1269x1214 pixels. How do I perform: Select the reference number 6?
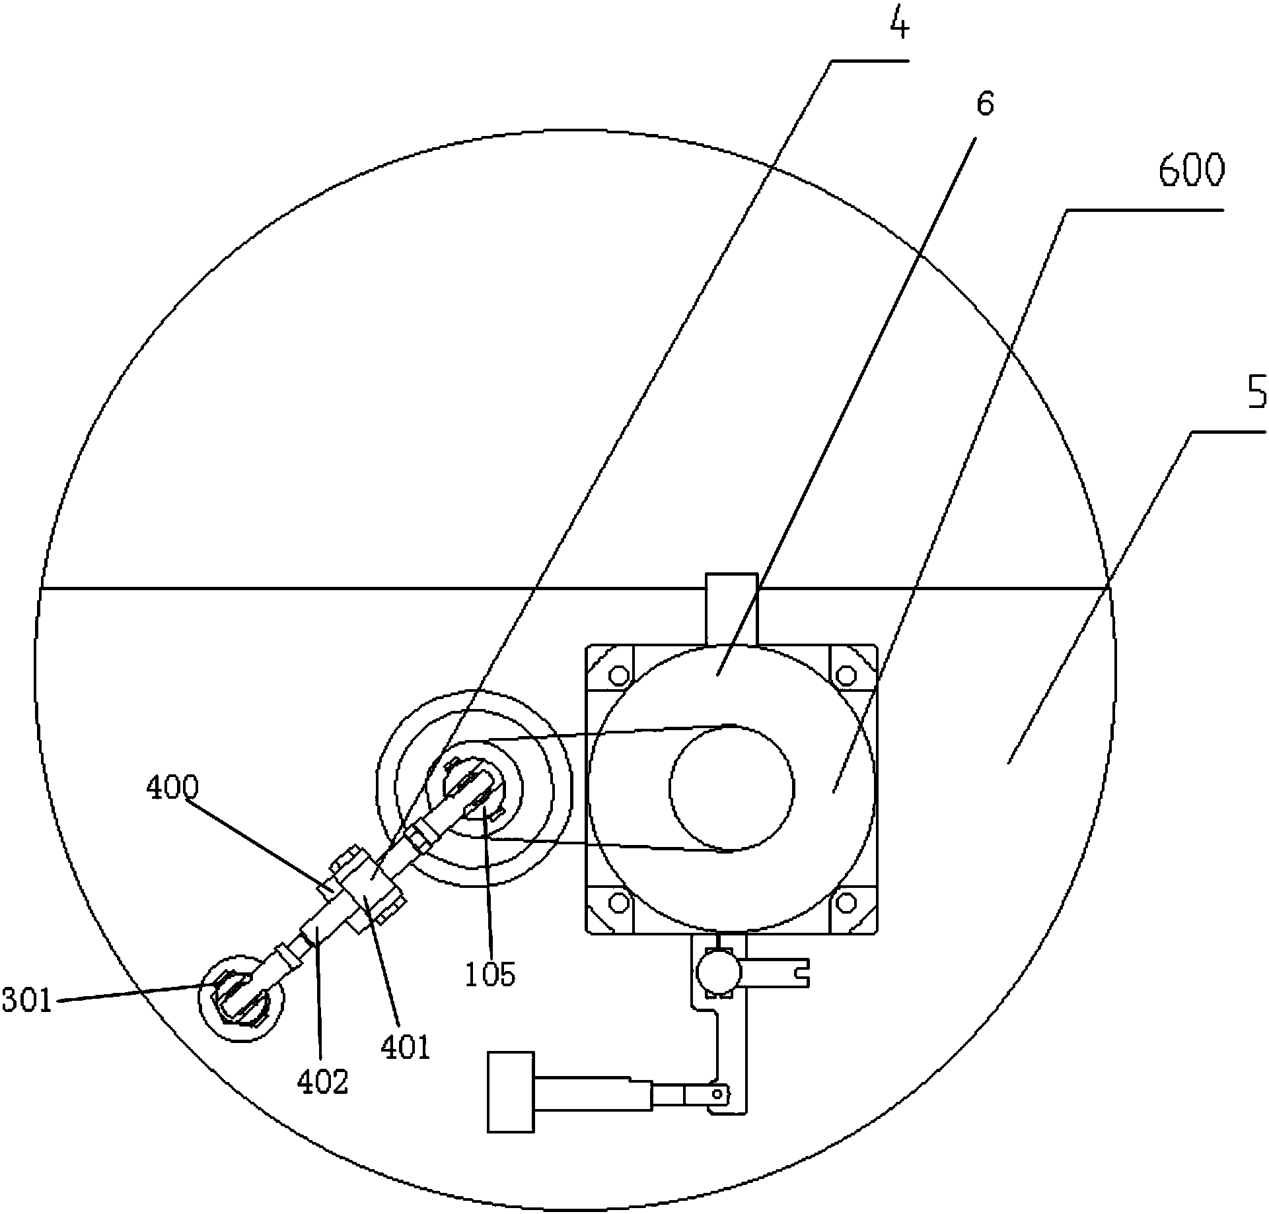pyautogui.click(x=984, y=104)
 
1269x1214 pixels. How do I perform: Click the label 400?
pyautogui.click(x=172, y=788)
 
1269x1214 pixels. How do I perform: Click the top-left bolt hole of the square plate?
pyautogui.click(x=619, y=675)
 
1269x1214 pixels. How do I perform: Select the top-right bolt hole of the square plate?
pyautogui.click(x=846, y=675)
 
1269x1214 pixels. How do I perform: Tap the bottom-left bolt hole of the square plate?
pyautogui.click(x=619, y=901)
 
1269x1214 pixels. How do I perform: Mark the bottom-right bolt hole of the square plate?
pyautogui.click(x=846, y=901)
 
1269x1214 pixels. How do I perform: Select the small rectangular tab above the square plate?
pyautogui.click(x=731, y=609)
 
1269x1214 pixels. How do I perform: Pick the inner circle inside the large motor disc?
pyautogui.click(x=732, y=787)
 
